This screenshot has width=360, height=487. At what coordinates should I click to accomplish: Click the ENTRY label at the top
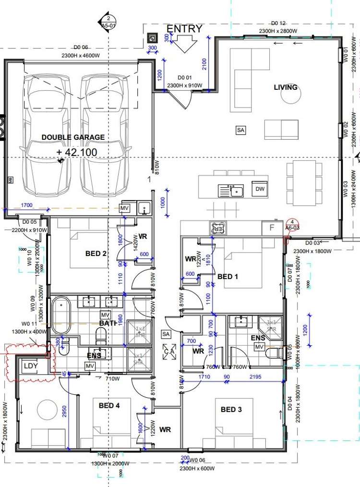(x=184, y=29)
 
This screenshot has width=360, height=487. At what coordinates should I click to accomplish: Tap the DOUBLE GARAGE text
(x=73, y=137)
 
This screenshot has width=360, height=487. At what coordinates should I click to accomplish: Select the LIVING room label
(x=286, y=87)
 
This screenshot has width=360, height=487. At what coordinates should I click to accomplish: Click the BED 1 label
(x=228, y=277)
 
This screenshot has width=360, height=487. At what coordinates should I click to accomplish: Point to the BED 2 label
(x=96, y=254)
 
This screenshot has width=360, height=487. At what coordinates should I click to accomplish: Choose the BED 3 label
(x=231, y=409)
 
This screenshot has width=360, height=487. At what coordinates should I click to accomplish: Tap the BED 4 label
(x=109, y=406)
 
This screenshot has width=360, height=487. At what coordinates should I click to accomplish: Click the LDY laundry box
(x=31, y=366)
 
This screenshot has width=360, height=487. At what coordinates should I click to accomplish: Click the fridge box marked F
(x=272, y=228)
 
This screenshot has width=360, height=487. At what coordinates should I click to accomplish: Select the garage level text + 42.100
(x=77, y=153)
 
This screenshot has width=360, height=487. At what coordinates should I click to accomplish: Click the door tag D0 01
(x=185, y=77)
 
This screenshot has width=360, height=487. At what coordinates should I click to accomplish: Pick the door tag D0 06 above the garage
(x=81, y=48)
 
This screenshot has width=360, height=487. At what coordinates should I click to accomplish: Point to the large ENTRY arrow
(x=184, y=45)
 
